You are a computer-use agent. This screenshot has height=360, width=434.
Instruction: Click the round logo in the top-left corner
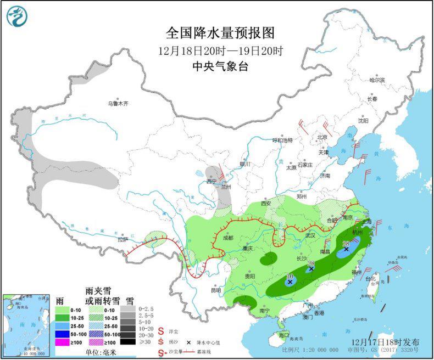point(17,16)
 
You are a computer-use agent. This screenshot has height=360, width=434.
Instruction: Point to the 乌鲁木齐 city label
point(118,103)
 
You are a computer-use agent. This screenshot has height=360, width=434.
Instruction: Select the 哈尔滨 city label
point(377,80)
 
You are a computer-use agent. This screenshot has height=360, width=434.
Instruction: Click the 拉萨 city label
point(123,239)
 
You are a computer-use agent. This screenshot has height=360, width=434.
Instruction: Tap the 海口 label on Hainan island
point(283,335)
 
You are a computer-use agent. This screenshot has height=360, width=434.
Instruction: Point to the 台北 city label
point(373,279)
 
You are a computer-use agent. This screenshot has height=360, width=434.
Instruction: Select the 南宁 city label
point(265,311)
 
